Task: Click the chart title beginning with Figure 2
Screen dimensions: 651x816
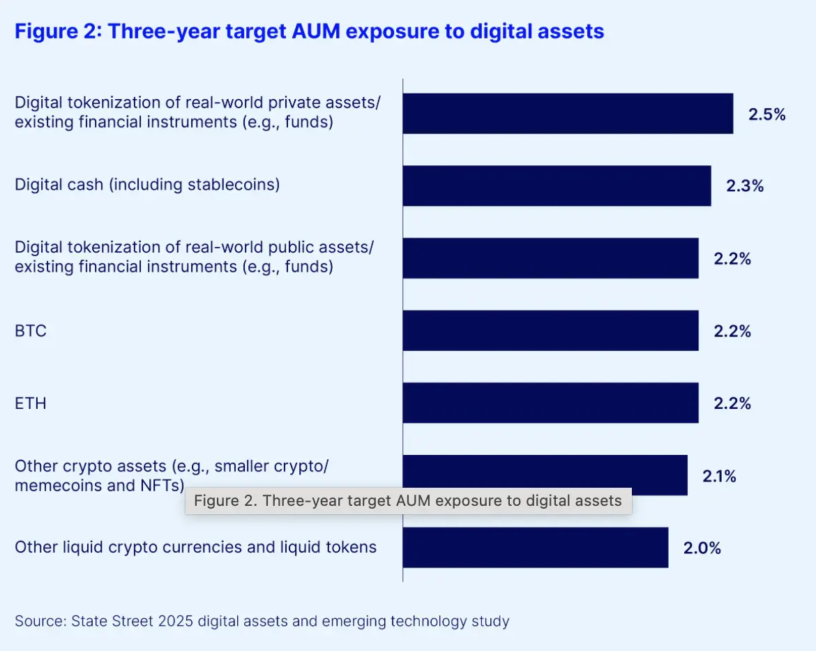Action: coord(309,32)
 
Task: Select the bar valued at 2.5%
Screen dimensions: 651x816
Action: coord(568,113)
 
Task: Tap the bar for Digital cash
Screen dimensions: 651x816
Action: coord(557,186)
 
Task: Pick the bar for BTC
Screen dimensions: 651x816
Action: coord(550,331)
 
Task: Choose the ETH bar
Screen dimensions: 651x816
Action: coord(550,403)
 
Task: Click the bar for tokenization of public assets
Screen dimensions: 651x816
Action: coord(550,258)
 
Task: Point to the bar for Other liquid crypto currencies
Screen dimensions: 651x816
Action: coord(535,548)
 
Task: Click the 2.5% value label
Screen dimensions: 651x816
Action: coord(767,114)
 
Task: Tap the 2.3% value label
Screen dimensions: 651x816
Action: coord(745,186)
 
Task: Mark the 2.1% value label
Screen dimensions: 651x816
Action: coord(720,477)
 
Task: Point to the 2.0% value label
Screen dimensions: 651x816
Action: coord(702,548)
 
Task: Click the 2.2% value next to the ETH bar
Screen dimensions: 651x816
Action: coord(732,403)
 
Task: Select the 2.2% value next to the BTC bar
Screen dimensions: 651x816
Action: coord(732,331)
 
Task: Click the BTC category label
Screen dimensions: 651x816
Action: coord(31,331)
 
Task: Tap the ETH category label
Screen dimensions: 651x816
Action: coord(31,403)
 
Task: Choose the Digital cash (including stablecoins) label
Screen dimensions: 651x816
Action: coord(147,185)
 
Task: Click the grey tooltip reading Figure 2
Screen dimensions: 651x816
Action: coord(408,501)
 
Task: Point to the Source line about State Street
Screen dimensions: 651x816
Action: coord(262,621)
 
